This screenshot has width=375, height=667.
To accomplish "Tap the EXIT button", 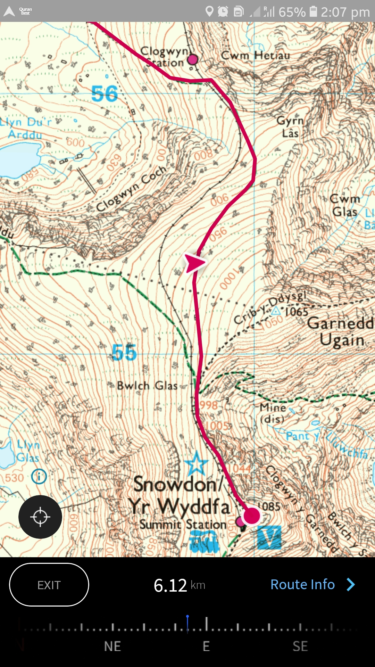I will click(x=49, y=585).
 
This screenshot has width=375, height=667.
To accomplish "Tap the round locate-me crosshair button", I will click(x=40, y=517).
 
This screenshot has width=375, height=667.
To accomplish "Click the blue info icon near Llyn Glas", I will click(x=39, y=476).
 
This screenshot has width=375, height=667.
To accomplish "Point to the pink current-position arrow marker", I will click(x=194, y=263).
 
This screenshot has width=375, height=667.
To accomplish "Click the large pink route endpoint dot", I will click(x=251, y=516).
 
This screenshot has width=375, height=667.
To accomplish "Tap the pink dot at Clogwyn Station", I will click(x=192, y=60).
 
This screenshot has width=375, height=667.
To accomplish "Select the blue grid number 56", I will click(x=105, y=94).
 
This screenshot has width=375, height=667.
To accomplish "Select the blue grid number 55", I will click(x=124, y=353).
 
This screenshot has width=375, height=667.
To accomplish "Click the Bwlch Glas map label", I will click(x=147, y=386).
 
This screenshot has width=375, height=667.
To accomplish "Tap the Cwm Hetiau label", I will click(x=255, y=56).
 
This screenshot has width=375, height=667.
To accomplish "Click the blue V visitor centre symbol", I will click(x=269, y=537).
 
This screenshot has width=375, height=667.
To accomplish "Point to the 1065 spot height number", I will click(x=296, y=312).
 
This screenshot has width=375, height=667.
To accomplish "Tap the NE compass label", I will click(x=112, y=646).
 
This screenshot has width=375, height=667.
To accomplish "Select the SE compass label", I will click(x=300, y=646).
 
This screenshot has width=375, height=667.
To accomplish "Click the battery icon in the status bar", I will click(x=313, y=12).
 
